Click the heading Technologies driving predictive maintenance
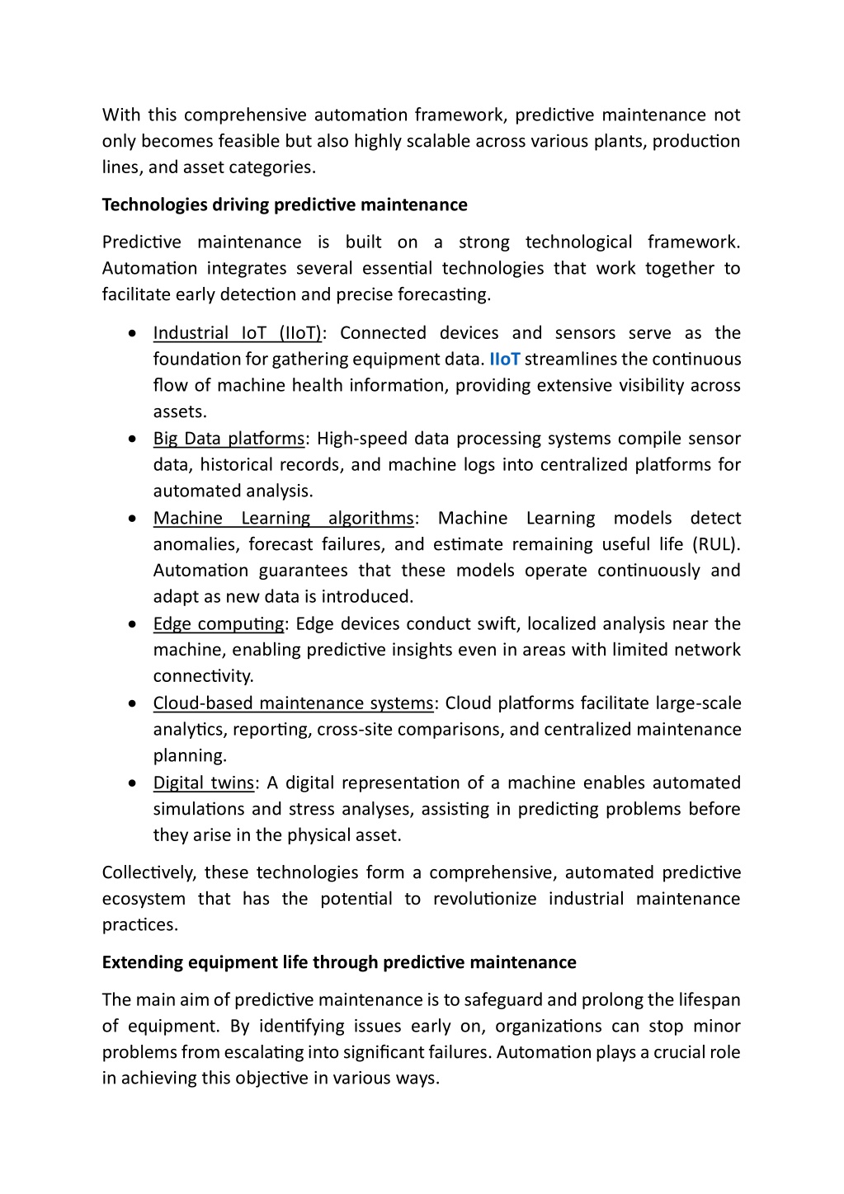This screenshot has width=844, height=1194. pyautogui.click(x=285, y=204)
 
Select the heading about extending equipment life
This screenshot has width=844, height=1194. pyautogui.click(x=339, y=962)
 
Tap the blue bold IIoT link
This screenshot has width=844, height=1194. pyautogui.click(x=505, y=360)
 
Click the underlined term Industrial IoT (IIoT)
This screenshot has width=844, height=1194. pyautogui.click(x=237, y=333)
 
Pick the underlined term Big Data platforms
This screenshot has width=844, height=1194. pyautogui.click(x=229, y=439)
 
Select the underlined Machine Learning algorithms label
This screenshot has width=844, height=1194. pyautogui.click(x=283, y=519)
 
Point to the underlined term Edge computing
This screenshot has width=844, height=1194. pyautogui.click(x=219, y=624)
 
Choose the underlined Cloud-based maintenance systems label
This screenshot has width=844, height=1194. pyautogui.click(x=293, y=703)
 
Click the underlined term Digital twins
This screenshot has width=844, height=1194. pyautogui.click(x=204, y=783)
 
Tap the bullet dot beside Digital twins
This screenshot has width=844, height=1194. pyautogui.click(x=133, y=783)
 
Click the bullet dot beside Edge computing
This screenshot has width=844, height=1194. pyautogui.click(x=133, y=624)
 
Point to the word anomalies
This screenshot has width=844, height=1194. pyautogui.click(x=195, y=545)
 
